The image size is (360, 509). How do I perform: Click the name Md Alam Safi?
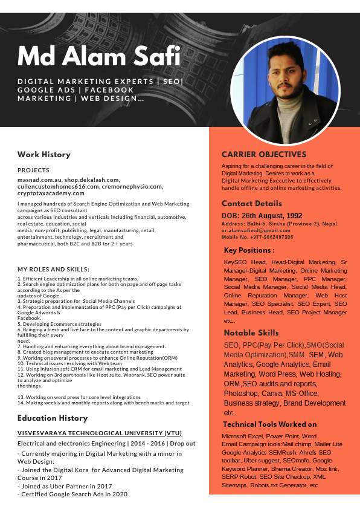[x=99, y=57]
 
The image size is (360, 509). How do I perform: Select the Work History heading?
[x=43, y=154]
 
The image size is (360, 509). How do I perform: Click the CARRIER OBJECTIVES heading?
[x=264, y=154]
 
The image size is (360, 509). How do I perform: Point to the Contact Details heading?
[x=251, y=204]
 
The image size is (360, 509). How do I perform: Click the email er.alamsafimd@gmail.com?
[x=256, y=230]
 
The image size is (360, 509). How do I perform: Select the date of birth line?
[x=262, y=215]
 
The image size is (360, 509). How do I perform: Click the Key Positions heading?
[x=249, y=250]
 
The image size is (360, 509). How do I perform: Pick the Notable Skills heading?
[x=251, y=332]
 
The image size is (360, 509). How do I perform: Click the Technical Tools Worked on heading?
[x=269, y=424]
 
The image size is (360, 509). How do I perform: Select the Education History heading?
[x=53, y=418]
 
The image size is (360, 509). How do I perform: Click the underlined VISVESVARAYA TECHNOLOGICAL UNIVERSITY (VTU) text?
[x=100, y=433]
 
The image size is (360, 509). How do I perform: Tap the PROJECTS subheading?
[x=33, y=170]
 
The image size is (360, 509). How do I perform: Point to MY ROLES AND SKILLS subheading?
[x=53, y=269]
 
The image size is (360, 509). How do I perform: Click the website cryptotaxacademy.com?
[x=51, y=193]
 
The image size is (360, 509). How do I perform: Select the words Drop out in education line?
[x=182, y=443]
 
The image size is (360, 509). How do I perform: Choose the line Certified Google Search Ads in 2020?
[x=72, y=494]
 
